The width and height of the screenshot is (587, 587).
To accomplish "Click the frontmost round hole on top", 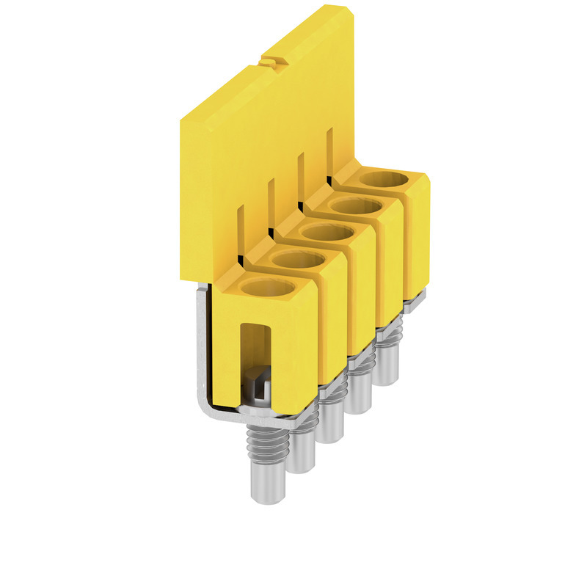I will [266, 287].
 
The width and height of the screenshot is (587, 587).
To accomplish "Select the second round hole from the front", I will [297, 259].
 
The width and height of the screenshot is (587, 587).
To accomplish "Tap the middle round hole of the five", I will [327, 233].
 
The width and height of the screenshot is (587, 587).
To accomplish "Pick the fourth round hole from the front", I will [356, 206].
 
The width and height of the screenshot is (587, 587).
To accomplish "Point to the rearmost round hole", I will [384, 179].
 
